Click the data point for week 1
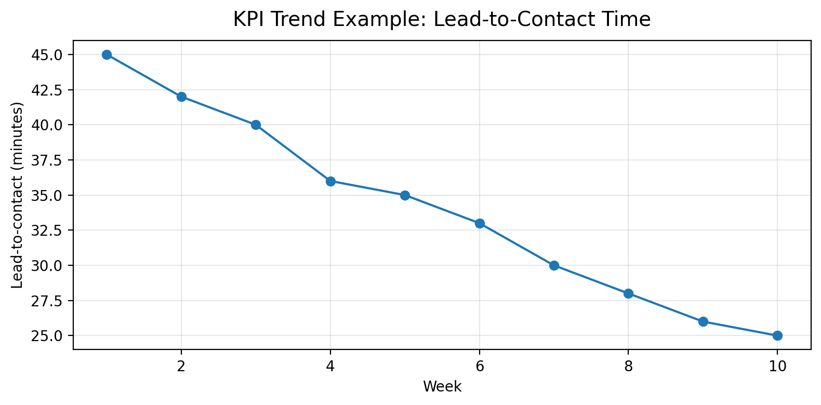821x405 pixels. [x=107, y=55]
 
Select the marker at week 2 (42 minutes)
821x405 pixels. [x=181, y=97]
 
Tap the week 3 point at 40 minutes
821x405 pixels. [x=256, y=125]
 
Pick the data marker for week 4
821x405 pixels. [x=330, y=181]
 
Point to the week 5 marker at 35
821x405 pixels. [x=405, y=195]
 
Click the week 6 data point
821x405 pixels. [x=480, y=223]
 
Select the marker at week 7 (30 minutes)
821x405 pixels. [x=554, y=265]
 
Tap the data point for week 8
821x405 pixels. [x=628, y=293]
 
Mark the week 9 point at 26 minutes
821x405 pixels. [x=703, y=321]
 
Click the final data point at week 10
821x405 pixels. [x=777, y=335]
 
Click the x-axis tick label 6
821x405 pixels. [x=480, y=366]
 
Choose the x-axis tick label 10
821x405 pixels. [x=777, y=366]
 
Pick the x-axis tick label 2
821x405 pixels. [x=181, y=366]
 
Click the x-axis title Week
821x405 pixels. [x=442, y=387]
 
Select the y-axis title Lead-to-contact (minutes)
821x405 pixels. [x=17, y=195]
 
